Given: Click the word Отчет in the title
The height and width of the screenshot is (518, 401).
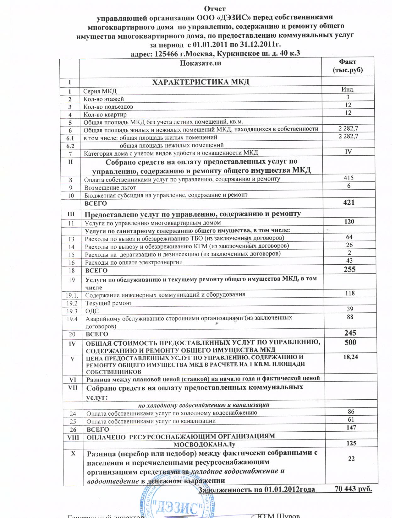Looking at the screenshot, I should [x=215, y=8].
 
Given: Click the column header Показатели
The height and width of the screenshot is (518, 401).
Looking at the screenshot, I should [x=200, y=63].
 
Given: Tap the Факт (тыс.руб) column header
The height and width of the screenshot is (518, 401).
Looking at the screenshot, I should [x=348, y=66].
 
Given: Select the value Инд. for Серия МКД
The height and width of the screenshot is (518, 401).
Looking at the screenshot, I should [x=348, y=89].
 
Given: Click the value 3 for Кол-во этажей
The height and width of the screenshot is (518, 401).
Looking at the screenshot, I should [x=348, y=97].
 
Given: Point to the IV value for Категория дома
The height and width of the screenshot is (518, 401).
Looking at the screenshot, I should [x=348, y=152].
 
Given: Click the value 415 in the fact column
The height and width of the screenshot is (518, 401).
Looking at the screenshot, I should [x=349, y=178].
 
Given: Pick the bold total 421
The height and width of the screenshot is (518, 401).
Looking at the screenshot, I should [x=349, y=202].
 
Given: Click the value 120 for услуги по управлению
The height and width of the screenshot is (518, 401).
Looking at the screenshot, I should [x=349, y=222].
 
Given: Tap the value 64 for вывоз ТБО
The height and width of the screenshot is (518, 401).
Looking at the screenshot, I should [x=349, y=237].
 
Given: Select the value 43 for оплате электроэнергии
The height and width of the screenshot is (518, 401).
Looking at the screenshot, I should [x=349, y=261].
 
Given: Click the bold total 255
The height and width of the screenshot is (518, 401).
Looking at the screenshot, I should [x=349, y=269].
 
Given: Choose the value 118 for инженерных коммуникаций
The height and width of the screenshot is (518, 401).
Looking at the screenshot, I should [x=349, y=293].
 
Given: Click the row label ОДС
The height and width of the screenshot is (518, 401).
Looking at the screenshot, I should [x=92, y=311].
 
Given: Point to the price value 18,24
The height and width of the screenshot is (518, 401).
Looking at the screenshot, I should [x=351, y=357].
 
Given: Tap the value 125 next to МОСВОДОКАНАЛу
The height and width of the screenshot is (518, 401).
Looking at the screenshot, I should [x=351, y=443].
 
